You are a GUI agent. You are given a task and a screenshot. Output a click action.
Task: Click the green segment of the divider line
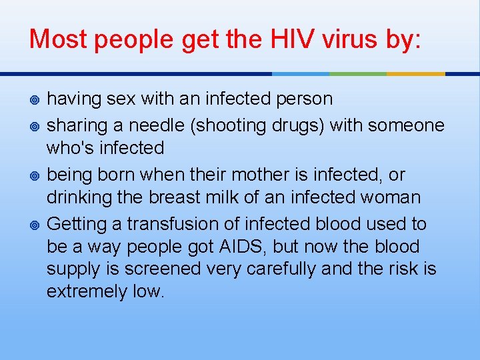358,73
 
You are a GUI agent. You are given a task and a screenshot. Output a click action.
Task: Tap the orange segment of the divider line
416,73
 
